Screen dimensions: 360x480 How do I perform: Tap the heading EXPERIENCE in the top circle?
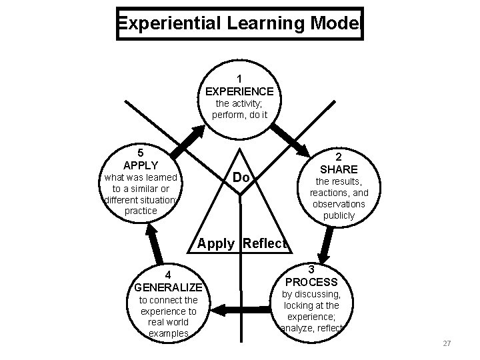tap(239, 91)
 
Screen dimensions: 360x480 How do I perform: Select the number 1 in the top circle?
tap(239, 78)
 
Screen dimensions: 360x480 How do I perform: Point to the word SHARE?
tap(339, 169)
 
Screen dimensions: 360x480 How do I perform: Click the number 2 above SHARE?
tap(339, 156)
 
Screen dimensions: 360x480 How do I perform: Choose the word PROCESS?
tap(312, 281)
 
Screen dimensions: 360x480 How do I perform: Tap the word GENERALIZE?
tap(167, 287)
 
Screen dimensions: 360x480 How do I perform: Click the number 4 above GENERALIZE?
tap(168, 275)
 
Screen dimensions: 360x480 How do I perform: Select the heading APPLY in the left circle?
tap(141, 165)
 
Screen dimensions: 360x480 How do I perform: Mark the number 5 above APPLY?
tap(141, 152)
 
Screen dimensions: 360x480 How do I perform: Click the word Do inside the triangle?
tap(241, 178)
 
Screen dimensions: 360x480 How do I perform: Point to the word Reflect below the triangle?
tap(264, 243)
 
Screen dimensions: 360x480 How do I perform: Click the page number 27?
tap(447, 343)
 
